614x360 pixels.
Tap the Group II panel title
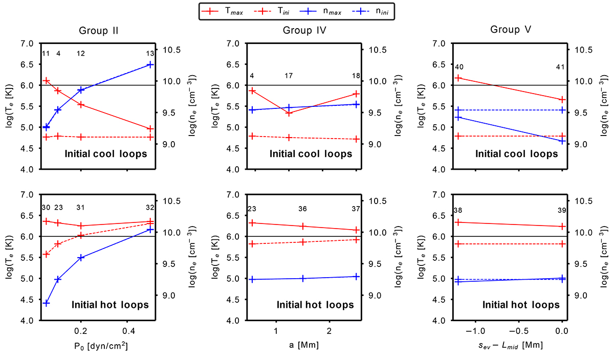(99, 30)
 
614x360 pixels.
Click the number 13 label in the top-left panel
(150, 54)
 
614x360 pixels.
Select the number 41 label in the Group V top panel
(562, 67)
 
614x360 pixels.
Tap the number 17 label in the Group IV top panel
(289, 76)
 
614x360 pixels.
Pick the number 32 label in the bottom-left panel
(150, 208)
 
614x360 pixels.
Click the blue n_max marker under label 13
(150, 64)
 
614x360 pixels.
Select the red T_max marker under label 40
(458, 78)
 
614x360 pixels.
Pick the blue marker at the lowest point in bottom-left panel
(46, 303)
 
